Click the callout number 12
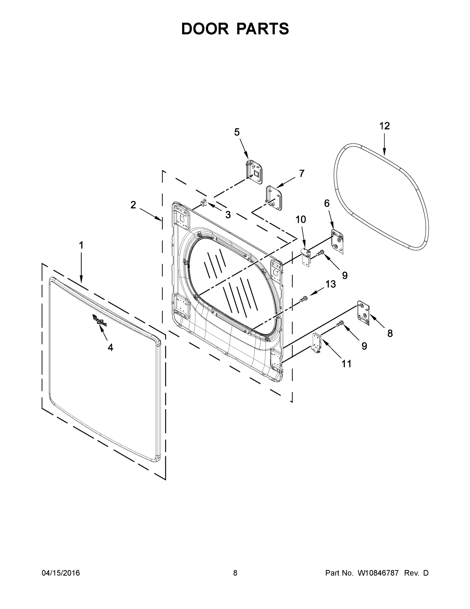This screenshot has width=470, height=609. click(384, 126)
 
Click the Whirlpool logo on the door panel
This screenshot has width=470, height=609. click(99, 320)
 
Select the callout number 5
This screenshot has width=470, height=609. click(237, 132)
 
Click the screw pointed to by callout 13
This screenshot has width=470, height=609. click(303, 299)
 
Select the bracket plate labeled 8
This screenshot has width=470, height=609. click(363, 313)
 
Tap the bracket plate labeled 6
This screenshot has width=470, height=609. click(337, 241)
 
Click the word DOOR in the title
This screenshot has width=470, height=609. click(205, 29)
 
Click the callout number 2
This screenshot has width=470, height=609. click(133, 205)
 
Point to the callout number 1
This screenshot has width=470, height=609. click(81, 245)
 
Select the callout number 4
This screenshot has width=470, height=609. click(110, 347)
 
